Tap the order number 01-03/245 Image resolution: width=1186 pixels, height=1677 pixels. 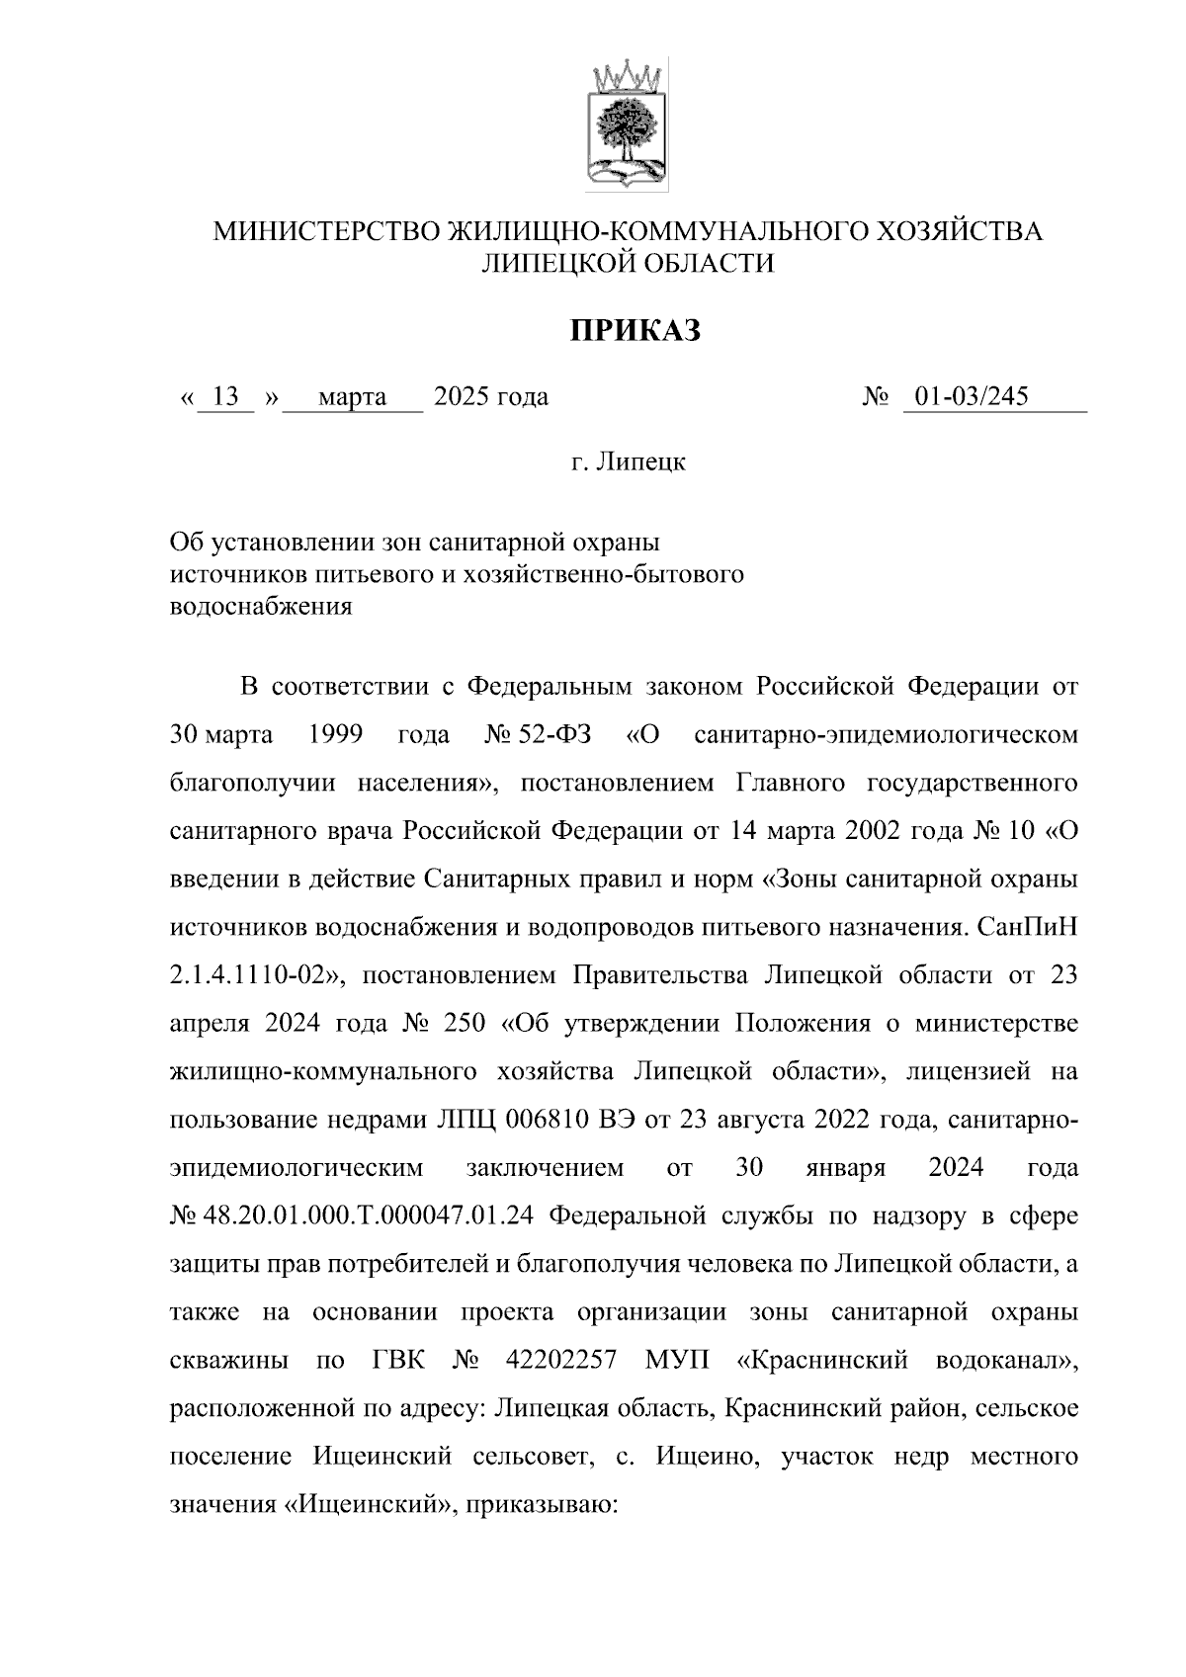[x=971, y=397]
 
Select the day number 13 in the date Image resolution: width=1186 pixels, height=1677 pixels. [x=226, y=397]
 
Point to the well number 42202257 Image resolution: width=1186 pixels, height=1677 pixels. [x=560, y=1361]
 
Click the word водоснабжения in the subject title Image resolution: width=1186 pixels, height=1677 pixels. [x=261, y=607]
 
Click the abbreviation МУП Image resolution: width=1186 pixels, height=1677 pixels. [x=677, y=1361]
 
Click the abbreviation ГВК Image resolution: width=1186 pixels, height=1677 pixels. [x=399, y=1361]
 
